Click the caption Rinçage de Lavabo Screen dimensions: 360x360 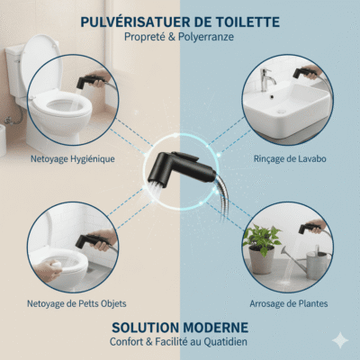point(288,160)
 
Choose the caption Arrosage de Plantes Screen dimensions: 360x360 point(288,303)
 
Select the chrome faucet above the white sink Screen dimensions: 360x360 point(267,81)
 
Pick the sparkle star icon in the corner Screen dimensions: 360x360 point(339,340)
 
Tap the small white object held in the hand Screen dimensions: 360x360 point(49,267)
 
